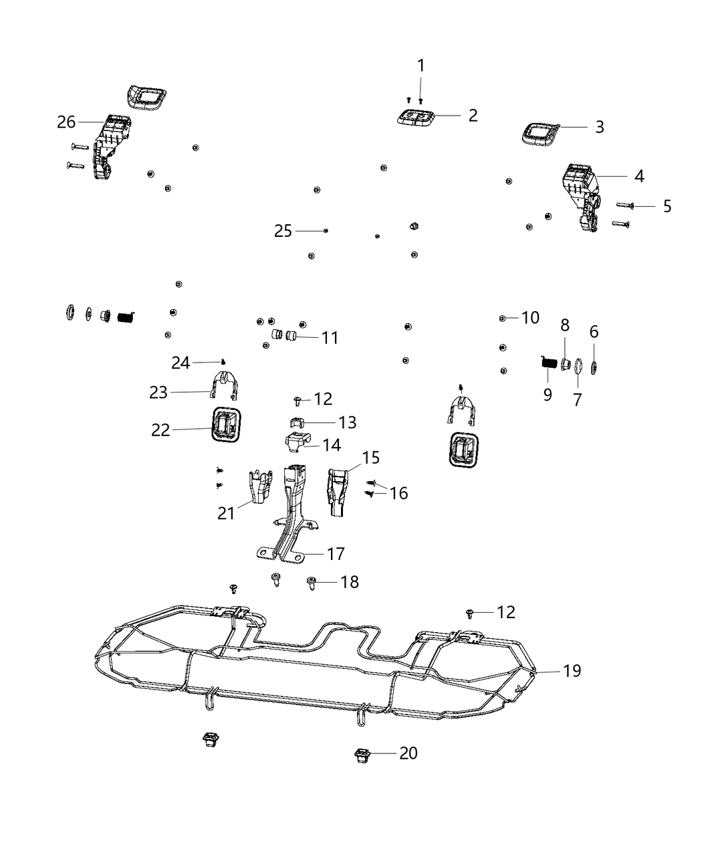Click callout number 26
pos(66,122)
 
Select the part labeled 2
pos(413,118)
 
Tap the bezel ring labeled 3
pos(540,134)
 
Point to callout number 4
pos(639,176)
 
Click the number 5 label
pos(667,206)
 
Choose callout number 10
pos(530,317)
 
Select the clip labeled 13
pos(295,421)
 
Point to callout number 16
pos(398,493)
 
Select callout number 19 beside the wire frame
pos(572,670)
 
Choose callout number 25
pos(283,231)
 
